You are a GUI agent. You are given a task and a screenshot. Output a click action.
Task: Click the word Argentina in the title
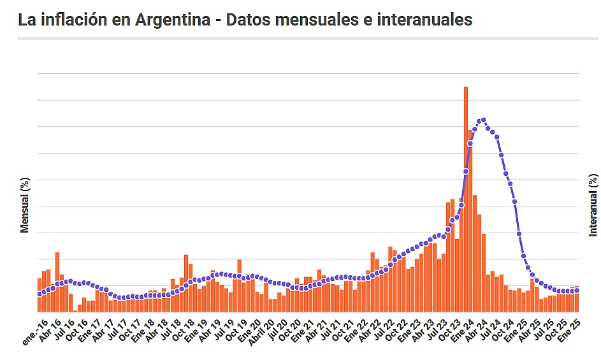coord(173,20)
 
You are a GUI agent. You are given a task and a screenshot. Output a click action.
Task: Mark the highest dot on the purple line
coord(483,120)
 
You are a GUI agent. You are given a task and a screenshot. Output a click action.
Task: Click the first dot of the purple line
coord(40,294)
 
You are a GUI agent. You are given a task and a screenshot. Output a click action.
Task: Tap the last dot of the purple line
coord(577,291)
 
